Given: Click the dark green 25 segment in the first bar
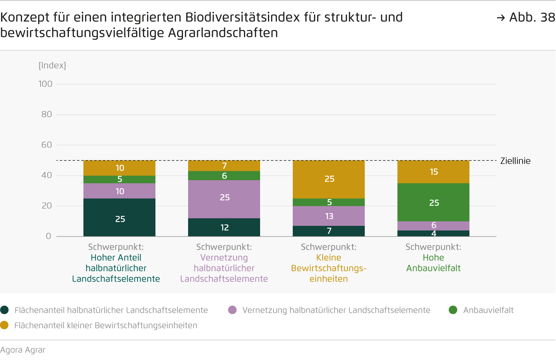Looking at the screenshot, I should click(x=119, y=217).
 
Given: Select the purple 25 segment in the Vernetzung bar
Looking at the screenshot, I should click(x=224, y=199).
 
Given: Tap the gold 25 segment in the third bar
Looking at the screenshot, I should click(x=329, y=179).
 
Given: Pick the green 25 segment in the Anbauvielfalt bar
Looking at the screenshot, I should click(x=433, y=202).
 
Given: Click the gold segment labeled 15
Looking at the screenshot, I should click(x=433, y=172).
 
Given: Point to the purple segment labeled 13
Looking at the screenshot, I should click(x=329, y=216).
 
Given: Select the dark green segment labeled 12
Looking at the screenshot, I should click(x=224, y=227).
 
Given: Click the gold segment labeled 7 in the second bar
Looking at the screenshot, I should click(x=224, y=166).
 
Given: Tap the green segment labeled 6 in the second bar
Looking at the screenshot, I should click(x=224, y=176).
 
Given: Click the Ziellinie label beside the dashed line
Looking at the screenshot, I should click(x=515, y=161).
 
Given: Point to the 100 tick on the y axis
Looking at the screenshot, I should click(x=45, y=84).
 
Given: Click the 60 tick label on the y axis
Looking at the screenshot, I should click(x=46, y=145).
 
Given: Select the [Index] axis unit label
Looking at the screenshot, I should click(x=52, y=65).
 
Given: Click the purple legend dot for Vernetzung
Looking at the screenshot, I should click(x=232, y=310).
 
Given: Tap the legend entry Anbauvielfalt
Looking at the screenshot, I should click(x=488, y=310).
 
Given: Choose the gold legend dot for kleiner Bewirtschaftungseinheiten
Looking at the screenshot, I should click(x=4, y=325).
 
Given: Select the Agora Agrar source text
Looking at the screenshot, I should click(x=23, y=350).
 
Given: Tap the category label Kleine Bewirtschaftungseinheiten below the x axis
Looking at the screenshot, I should click(x=329, y=268).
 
